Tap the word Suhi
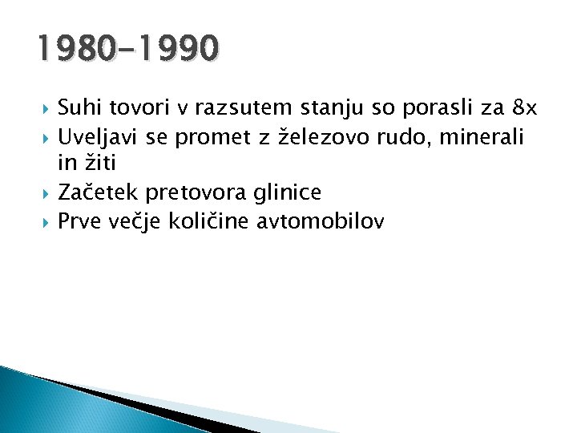78,108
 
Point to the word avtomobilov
321,221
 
